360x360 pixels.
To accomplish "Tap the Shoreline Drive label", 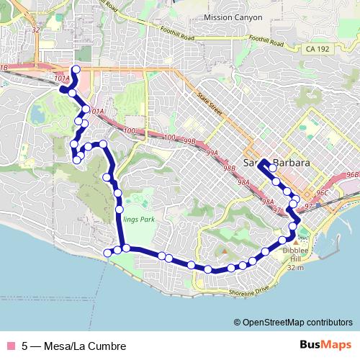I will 249,290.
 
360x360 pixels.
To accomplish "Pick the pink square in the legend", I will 9,346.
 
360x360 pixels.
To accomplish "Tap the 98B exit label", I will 229,168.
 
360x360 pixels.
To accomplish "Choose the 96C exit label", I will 321,193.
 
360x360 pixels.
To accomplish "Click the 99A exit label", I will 212,153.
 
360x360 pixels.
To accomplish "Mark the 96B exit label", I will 352,175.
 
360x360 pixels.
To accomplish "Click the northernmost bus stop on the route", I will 76,69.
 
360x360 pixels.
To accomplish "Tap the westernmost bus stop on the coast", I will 108,251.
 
